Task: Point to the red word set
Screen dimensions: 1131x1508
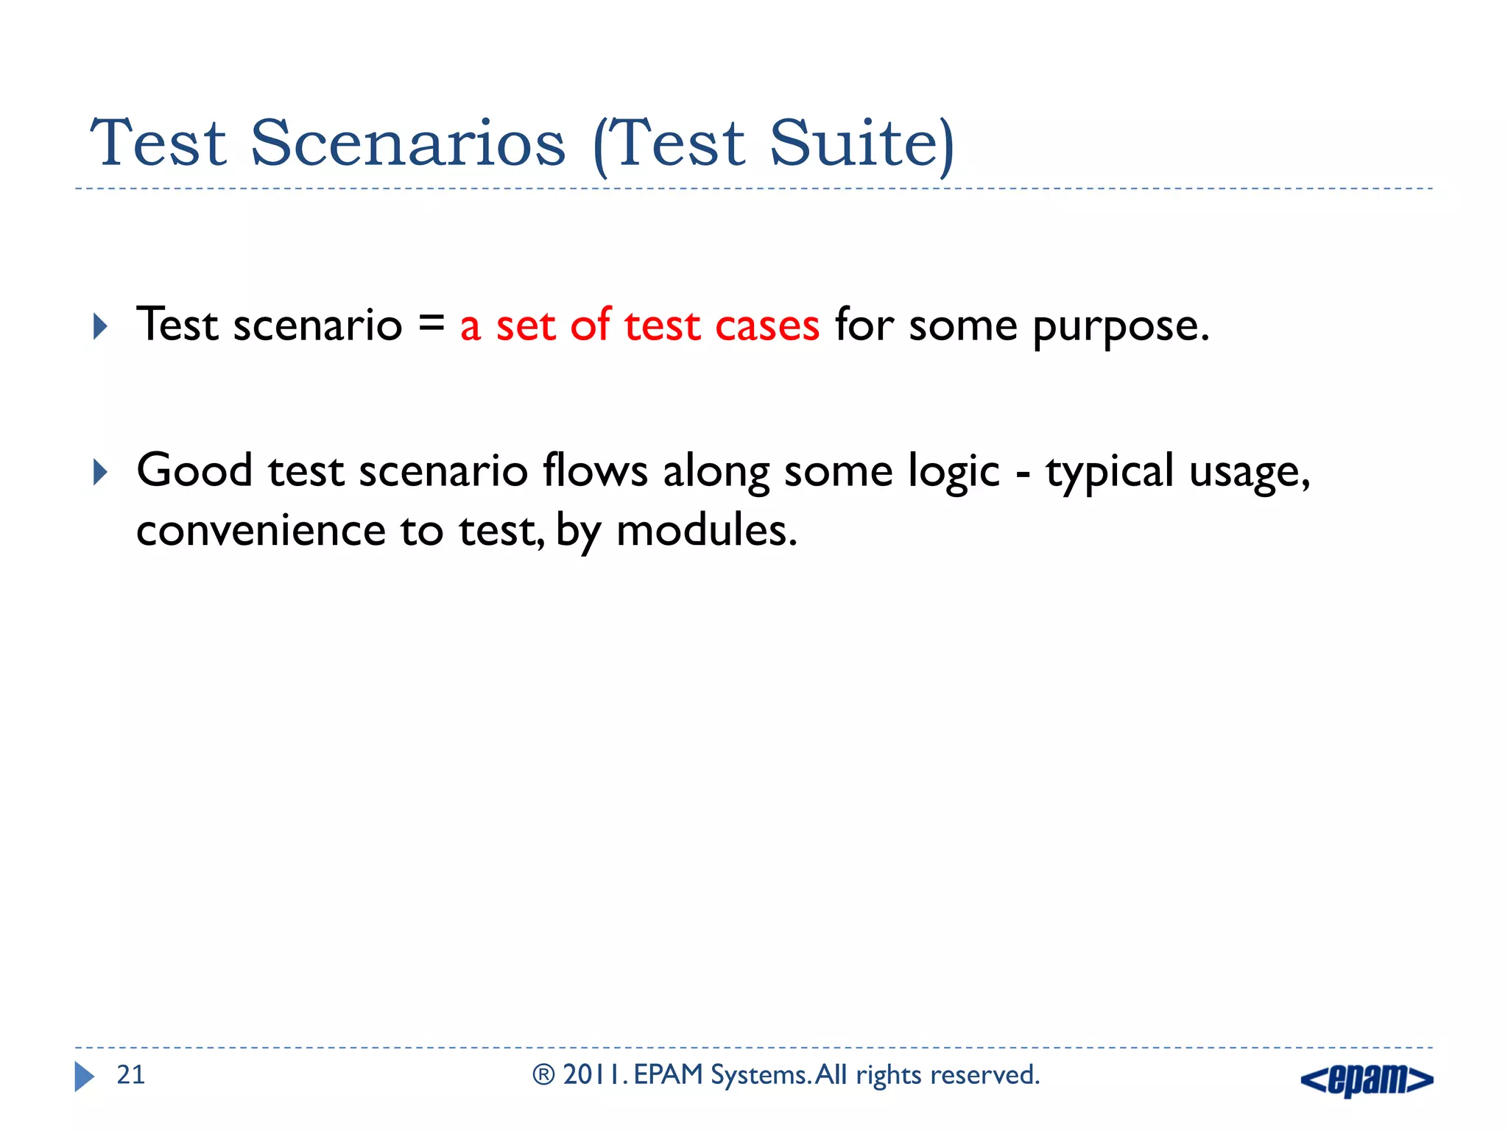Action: point(525,325)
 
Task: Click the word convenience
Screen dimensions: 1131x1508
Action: point(261,530)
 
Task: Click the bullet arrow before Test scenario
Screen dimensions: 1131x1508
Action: point(101,326)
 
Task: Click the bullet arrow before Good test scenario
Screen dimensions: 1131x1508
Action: point(101,472)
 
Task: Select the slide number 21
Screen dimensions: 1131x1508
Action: point(131,1075)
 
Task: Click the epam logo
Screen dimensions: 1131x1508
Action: point(1367,1079)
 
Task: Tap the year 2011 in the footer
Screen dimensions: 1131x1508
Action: point(592,1075)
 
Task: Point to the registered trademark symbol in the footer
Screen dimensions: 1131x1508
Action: point(543,1075)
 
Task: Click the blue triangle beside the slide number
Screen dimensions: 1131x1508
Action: point(84,1077)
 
